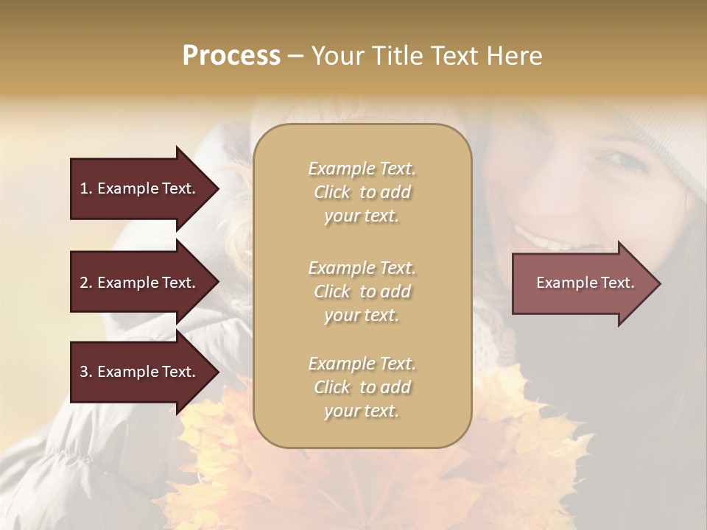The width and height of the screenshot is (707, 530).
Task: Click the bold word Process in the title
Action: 231,56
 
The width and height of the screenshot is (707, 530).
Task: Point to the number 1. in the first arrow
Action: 86,188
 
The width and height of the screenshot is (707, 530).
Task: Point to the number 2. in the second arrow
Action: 86,283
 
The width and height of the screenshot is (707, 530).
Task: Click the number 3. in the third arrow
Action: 86,372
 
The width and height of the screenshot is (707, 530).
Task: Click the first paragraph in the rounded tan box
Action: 362,192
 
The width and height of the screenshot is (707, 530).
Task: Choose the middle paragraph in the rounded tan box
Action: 362,291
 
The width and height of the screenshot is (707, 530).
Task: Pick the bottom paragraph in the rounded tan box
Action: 362,387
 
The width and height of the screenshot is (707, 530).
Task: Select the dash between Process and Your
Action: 295,57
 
